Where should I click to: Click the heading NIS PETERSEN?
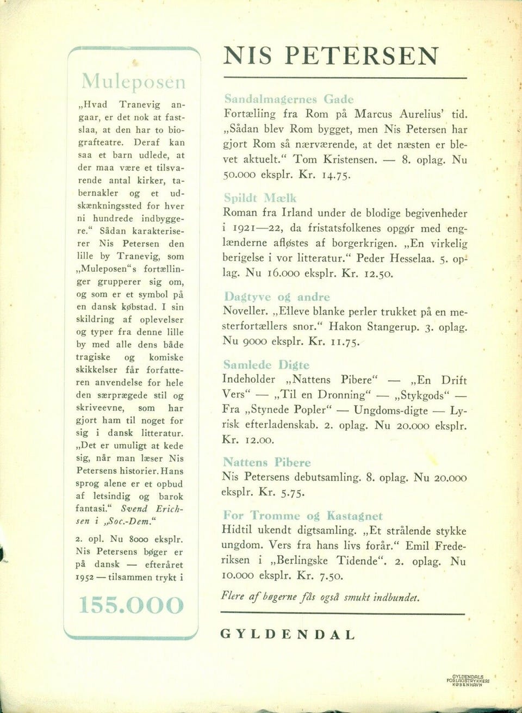click(331, 56)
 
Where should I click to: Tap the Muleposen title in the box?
click(133, 82)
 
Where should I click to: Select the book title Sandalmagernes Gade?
click(289, 99)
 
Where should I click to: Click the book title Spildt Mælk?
click(260, 198)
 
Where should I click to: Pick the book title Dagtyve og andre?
click(277, 297)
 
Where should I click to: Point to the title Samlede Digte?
click(266, 365)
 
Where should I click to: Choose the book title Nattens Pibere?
click(266, 462)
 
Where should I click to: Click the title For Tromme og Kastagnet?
click(302, 516)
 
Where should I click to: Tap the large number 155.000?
click(132, 605)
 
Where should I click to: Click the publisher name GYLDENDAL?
click(288, 635)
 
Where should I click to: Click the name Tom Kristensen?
click(334, 160)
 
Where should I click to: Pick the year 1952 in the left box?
click(85, 577)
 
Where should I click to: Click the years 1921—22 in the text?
click(257, 228)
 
